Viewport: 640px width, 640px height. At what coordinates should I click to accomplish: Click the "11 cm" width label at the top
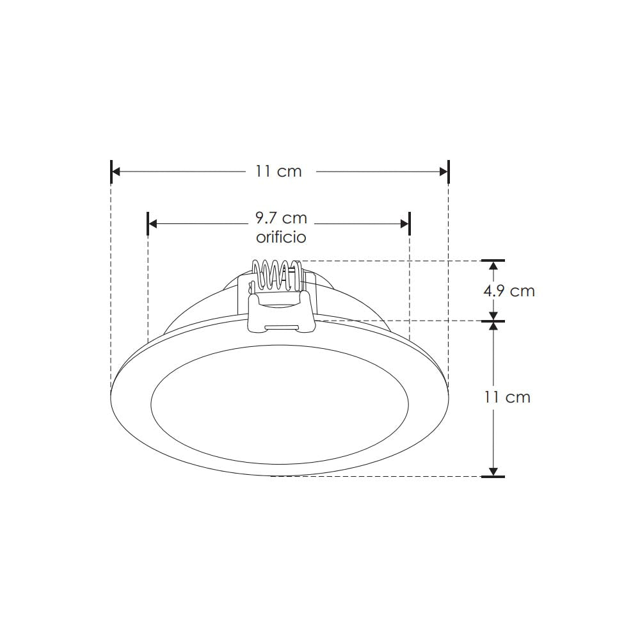pos(278,172)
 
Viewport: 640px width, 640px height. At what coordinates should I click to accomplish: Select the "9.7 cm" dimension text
pos(281,218)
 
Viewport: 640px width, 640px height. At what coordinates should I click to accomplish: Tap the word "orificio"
pos(281,237)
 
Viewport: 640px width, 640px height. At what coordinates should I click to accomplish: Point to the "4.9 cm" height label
pos(509,291)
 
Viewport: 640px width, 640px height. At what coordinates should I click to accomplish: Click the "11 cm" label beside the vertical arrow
pos(508,397)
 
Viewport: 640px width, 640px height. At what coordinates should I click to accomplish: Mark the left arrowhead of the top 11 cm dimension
pos(116,172)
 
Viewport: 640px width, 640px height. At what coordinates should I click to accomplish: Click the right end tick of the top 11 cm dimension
pos(449,172)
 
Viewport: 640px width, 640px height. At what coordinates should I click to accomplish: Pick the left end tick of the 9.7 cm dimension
pos(148,223)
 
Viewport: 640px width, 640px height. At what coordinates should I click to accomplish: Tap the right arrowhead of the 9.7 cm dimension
pos(404,223)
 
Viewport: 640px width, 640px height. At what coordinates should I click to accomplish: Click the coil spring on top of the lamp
pos(276,273)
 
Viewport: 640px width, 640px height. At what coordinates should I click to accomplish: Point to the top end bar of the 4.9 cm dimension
pos(493,260)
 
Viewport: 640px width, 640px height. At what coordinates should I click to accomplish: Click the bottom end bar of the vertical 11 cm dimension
pos(493,476)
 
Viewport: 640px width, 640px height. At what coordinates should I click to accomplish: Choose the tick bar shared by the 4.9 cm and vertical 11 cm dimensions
pos(493,321)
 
